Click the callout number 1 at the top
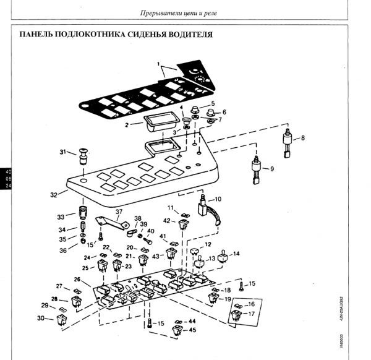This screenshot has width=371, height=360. click(x=158, y=64)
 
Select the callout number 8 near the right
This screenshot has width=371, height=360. click(x=302, y=139)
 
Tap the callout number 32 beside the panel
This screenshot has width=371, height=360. click(x=54, y=194)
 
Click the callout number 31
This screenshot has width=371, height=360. click(x=63, y=152)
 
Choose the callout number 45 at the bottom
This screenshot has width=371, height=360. click(x=192, y=330)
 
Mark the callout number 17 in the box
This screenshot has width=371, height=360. click(x=252, y=314)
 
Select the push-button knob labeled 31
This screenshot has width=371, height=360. click(x=82, y=156)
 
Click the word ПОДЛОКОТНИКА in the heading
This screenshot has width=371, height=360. click(x=101, y=35)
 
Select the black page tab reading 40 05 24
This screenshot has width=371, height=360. click(x=6, y=178)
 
